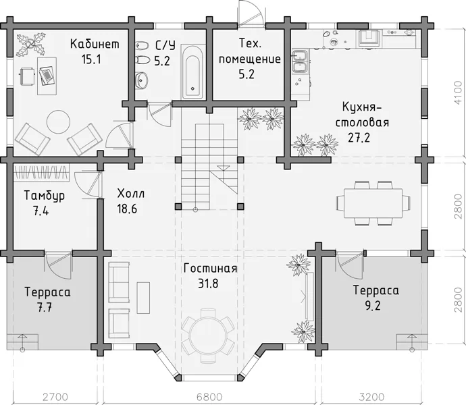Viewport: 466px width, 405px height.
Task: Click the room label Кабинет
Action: click(95, 44)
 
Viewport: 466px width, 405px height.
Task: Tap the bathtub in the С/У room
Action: click(192, 72)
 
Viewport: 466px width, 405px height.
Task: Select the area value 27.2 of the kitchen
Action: click(359, 138)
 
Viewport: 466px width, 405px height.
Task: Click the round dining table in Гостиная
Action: click(208, 335)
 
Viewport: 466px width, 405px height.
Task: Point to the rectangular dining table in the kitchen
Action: click(373, 203)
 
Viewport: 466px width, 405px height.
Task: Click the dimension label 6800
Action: click(209, 397)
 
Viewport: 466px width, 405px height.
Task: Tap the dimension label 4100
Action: click(459, 92)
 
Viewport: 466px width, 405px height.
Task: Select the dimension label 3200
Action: click(371, 397)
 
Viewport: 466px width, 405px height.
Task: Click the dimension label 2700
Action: click(55, 397)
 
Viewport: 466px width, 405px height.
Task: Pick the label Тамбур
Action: click(45, 196)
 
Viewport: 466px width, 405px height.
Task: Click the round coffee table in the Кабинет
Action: click(58, 122)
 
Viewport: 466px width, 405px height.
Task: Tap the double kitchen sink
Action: click(301, 61)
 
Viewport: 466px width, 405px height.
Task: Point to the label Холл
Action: click(131, 194)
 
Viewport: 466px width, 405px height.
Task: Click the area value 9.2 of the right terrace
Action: click(373, 306)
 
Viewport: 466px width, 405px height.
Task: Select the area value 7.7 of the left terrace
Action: click(45, 308)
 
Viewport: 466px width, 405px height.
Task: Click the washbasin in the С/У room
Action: click(142, 80)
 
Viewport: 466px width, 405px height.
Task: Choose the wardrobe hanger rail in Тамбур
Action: click(42, 172)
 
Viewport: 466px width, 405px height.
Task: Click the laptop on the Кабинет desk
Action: click(47, 76)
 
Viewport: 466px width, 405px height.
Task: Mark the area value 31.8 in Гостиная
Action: click(208, 283)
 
